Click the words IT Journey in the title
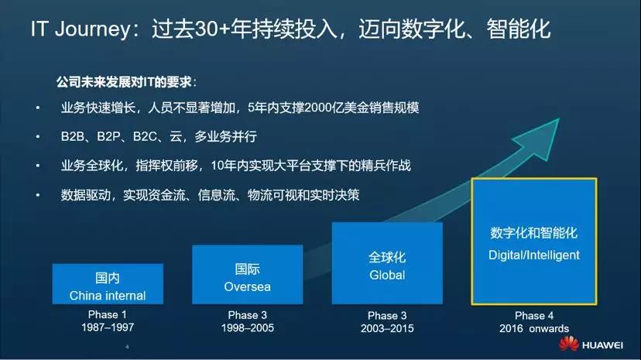[81, 29]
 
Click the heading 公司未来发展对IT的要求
[125, 82]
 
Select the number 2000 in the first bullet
[319, 108]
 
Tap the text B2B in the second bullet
[72, 136]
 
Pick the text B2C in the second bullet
[145, 136]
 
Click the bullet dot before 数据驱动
[38, 195]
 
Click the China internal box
[108, 284]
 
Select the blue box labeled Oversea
[247, 275]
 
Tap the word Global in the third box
[387, 275]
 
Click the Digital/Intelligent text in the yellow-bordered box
[534, 255]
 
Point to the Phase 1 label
[108, 314]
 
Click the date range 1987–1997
[108, 327]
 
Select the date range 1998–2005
[247, 327]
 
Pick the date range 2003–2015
[387, 328]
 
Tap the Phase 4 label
[534, 315]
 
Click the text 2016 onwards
[534, 328]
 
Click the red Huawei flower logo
[569, 344]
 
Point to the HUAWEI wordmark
[602, 345]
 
